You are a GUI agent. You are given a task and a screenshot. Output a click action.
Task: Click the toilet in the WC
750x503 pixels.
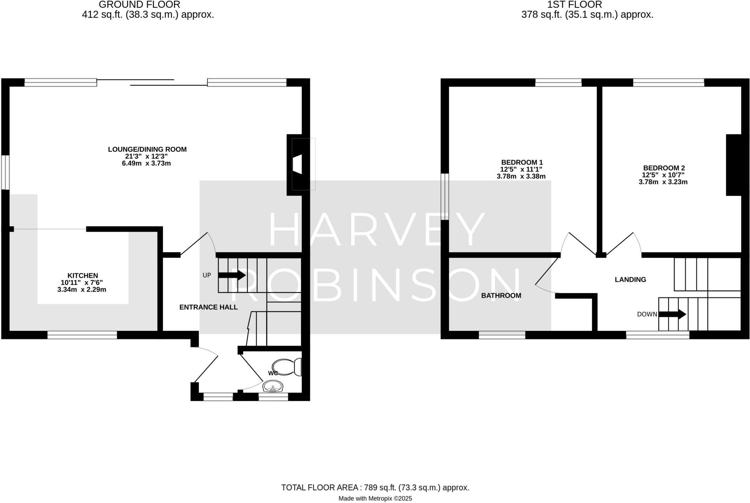tap(287, 367)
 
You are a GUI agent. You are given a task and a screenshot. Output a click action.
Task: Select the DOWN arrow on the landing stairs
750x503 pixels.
tap(672, 314)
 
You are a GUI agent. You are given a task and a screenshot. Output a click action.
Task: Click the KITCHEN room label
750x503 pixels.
tap(82, 276)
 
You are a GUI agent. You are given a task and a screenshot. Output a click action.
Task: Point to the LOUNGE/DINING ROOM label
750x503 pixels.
tap(147, 149)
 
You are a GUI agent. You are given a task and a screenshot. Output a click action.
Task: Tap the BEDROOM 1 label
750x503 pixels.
tap(521, 162)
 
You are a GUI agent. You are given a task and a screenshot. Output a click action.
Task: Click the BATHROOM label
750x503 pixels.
tap(501, 296)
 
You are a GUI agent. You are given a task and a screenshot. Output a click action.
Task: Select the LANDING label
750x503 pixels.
tap(630, 280)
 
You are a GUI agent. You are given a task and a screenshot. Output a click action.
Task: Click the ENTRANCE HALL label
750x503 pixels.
tap(208, 308)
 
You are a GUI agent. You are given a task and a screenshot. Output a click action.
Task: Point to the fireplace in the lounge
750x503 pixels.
tap(297, 164)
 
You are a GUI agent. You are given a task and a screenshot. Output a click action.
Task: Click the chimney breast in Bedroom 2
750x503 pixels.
tap(734, 165)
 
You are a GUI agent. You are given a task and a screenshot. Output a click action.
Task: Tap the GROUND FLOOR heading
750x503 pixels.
tap(140, 5)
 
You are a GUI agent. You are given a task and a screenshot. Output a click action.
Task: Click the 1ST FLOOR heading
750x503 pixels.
tap(575, 5)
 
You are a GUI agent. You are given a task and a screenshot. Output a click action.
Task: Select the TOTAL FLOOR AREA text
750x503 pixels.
tap(375, 488)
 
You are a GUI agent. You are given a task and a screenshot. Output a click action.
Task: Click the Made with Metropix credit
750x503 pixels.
tap(375, 499)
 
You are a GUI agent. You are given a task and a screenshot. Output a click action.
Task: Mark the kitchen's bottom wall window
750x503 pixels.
tap(82, 335)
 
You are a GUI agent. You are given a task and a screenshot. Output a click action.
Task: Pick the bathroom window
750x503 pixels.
tap(502, 335)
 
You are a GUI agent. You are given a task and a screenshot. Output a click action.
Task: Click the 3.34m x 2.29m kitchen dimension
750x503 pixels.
tap(82, 290)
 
